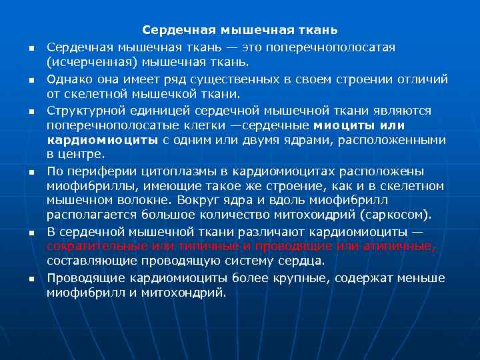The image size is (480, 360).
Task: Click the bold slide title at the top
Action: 239,31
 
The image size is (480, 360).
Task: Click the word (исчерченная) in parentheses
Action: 83,63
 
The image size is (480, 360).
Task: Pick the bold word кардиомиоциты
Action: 102,140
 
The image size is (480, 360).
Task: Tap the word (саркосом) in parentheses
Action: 397,215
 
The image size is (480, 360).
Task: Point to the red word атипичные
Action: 400,246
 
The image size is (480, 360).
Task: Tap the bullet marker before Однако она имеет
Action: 31,80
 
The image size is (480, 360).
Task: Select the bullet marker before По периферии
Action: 31,172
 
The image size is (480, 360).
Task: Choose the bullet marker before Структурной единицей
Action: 31,111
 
